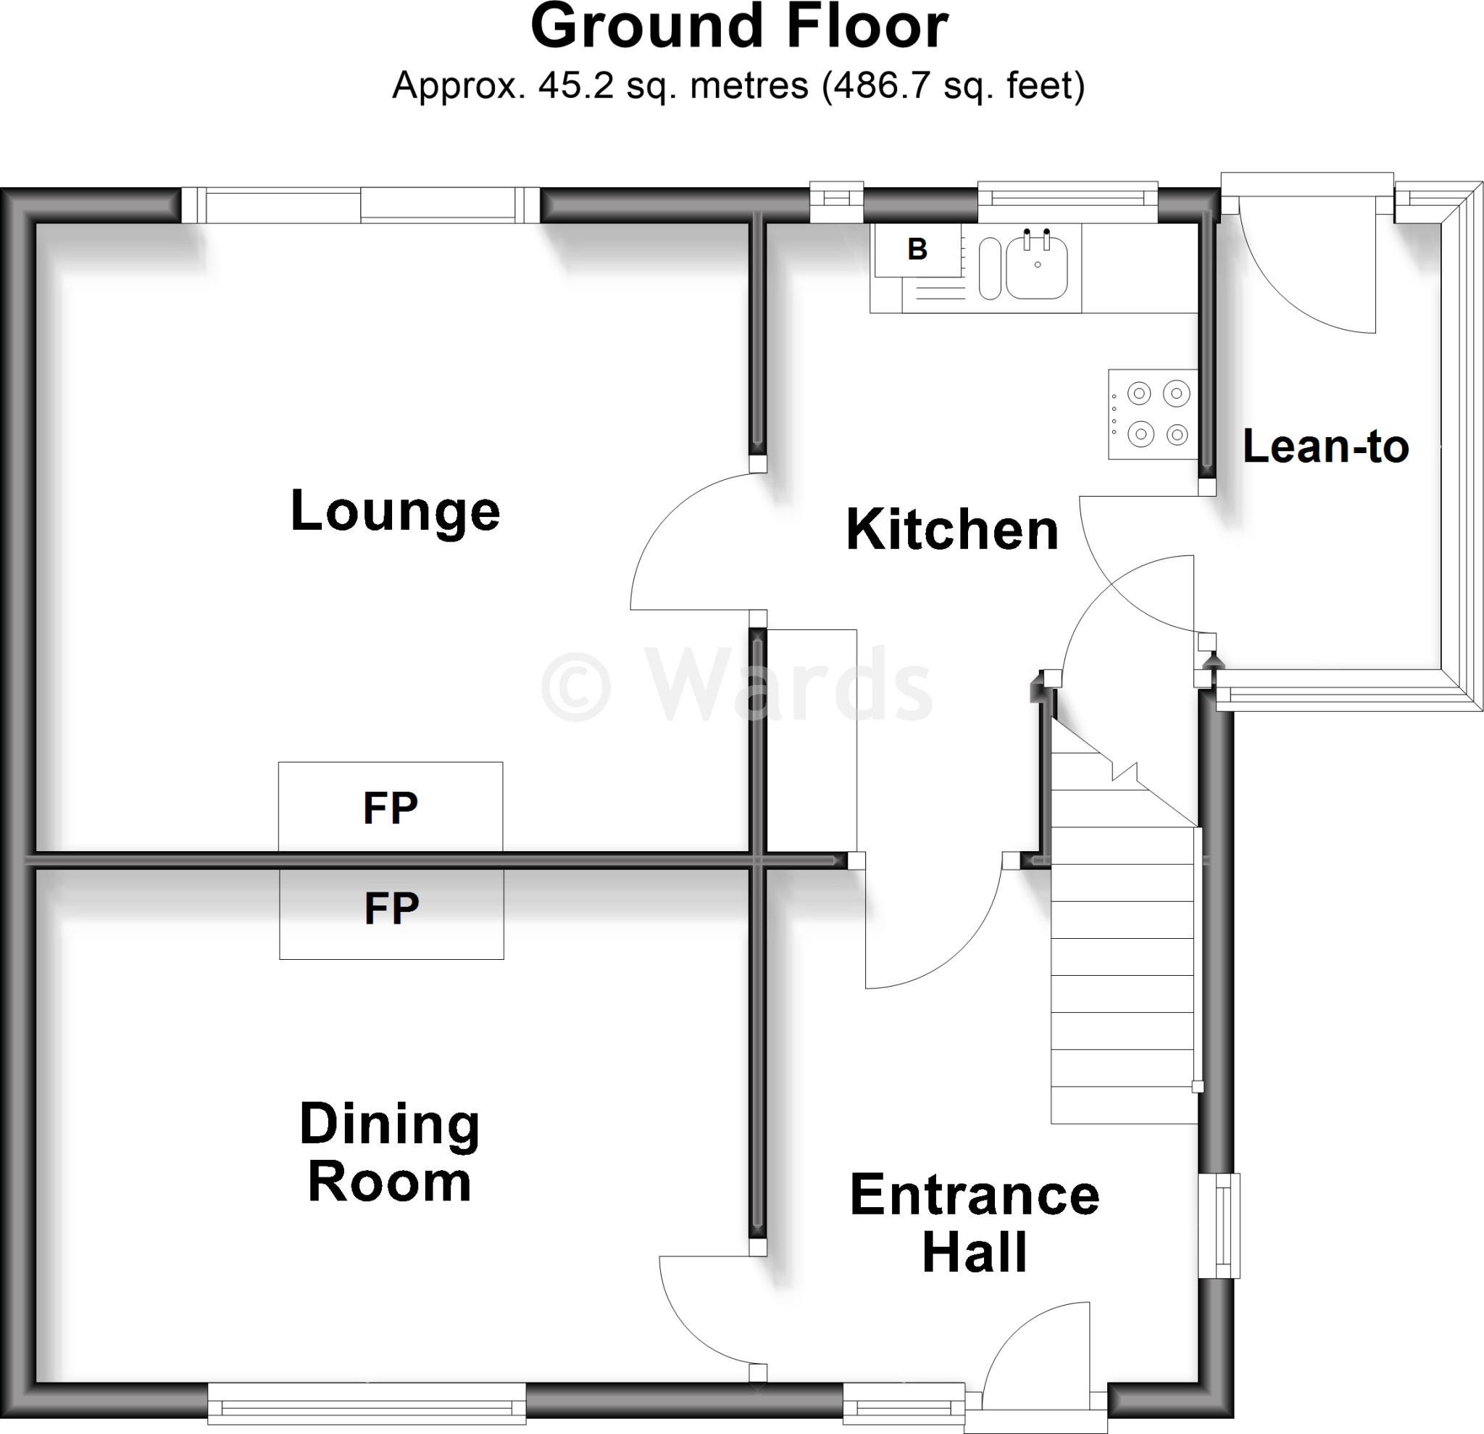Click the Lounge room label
pos(395,512)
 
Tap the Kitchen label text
pos(951,530)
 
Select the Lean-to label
pos(1325,447)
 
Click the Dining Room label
pos(389,1153)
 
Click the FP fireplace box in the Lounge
pos(390,807)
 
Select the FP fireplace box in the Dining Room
pos(391,913)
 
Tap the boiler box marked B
pos(917,249)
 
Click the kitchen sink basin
pos(1036,268)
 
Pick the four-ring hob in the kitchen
pos(1153,415)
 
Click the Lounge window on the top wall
pos(360,206)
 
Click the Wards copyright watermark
pos(736,687)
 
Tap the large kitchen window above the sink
pos(1067,203)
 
